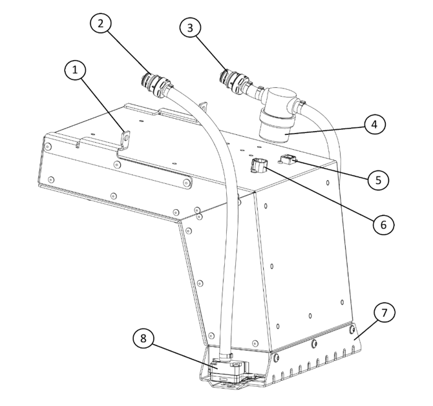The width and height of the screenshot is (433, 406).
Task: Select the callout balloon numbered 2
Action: point(100,25)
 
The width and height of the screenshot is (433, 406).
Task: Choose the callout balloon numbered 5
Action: point(378,179)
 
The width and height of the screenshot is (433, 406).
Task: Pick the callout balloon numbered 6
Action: point(382,224)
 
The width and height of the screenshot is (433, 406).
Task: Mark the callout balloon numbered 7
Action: point(383,314)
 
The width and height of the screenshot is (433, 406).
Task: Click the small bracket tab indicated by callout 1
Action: point(125,139)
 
